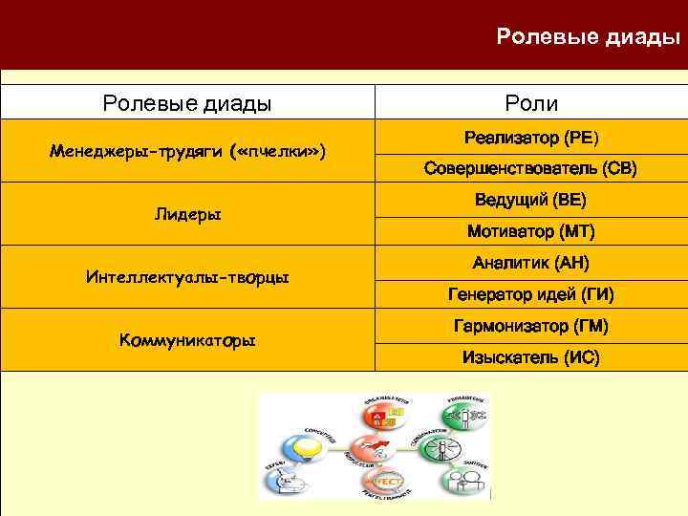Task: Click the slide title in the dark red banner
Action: pos(588,37)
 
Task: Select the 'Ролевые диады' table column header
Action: pos(187,103)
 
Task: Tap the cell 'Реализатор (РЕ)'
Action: pos(531,138)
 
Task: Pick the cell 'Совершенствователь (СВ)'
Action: pos(531,169)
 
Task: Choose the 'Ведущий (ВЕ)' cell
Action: pos(531,201)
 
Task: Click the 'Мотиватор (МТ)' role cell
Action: pos(531,231)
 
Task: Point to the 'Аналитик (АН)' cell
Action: pos(531,263)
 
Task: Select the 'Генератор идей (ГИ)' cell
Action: pos(531,294)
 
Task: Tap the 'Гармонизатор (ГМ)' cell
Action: pos(531,326)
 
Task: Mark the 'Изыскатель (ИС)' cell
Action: pos(531,357)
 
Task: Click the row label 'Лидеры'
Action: pos(187,215)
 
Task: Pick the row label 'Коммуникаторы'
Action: pos(187,340)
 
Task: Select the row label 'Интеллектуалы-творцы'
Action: pos(187,278)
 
